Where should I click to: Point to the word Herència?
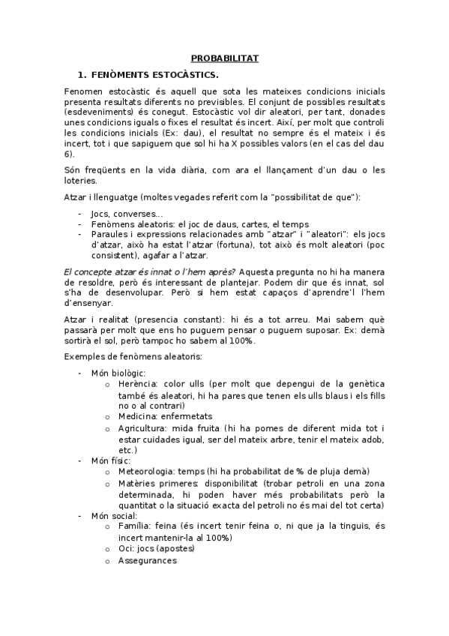tap(138, 382)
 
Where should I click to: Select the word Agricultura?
tap(141, 427)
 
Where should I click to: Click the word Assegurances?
tap(147, 559)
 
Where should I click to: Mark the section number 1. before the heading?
tap(82, 74)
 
